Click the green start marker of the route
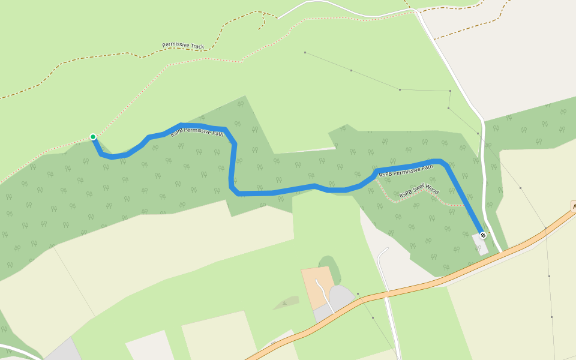point(93,137)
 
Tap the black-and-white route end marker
point(483,235)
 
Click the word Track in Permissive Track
point(196,46)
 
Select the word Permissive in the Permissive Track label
point(175,45)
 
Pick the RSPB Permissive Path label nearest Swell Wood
point(406,170)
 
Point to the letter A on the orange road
point(574,206)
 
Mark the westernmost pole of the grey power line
point(305,53)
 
